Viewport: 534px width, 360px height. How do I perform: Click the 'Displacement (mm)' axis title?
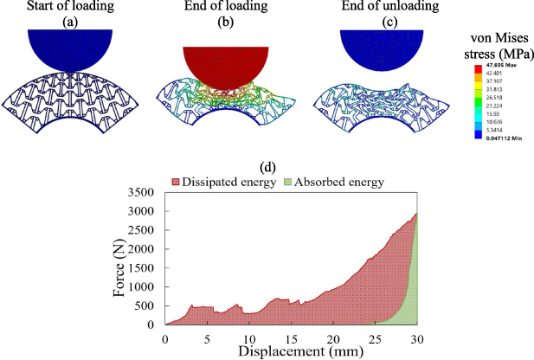tap(289, 350)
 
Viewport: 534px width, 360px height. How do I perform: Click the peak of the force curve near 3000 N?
tap(416, 214)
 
